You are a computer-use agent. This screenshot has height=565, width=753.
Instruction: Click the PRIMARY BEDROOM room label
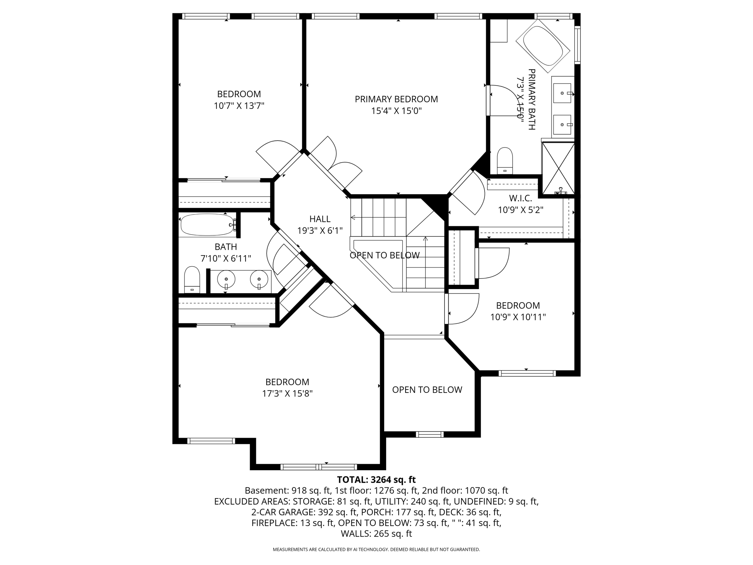396,99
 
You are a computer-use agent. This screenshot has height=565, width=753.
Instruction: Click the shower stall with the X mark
558,168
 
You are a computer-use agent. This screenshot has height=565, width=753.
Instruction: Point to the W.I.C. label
520,198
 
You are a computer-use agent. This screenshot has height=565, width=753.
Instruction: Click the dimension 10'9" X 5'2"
520,210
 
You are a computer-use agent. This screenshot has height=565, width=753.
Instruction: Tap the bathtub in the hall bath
207,225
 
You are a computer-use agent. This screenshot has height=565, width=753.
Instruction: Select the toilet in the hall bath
192,280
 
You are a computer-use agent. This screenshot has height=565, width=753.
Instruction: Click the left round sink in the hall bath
226,280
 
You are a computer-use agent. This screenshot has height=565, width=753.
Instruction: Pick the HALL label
320,219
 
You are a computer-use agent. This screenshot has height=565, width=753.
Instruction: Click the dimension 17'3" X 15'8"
287,394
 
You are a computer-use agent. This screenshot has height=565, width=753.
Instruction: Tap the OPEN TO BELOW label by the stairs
384,255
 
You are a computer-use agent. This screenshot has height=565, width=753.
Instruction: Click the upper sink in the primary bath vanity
562,93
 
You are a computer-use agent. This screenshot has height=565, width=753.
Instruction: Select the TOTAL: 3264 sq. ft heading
376,480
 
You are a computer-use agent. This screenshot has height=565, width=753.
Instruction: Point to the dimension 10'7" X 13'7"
239,106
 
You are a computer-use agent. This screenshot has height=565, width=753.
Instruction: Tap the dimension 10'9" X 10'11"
518,317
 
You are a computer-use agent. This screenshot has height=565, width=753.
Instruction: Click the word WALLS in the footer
356,534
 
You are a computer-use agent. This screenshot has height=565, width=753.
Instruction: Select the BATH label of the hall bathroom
226,247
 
